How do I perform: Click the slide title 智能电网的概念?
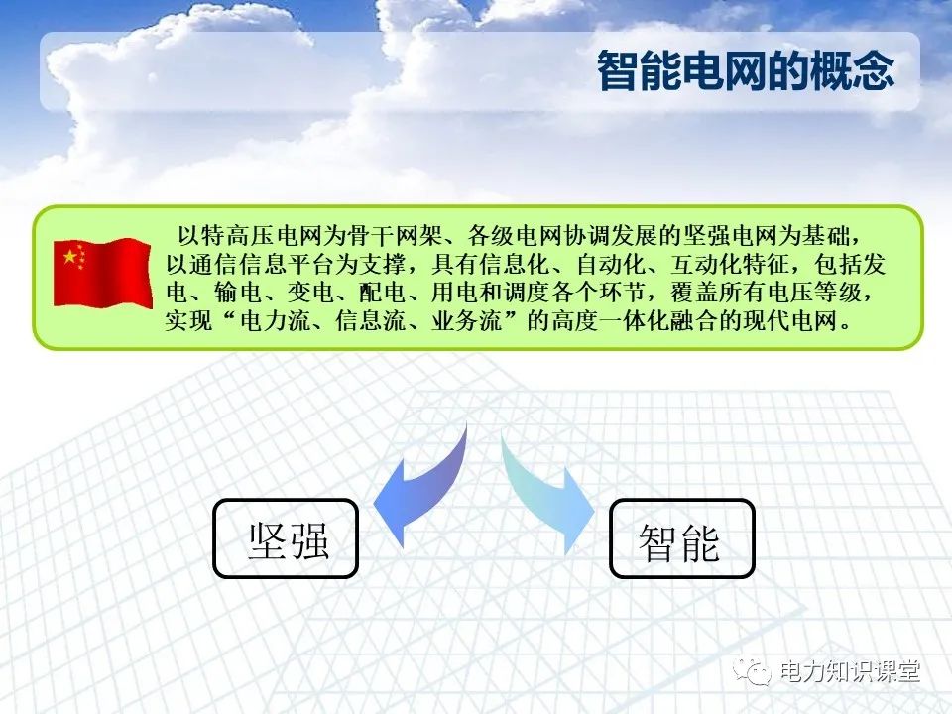click(x=745, y=71)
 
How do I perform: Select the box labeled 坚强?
click(x=287, y=538)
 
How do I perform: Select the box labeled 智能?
click(x=681, y=538)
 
